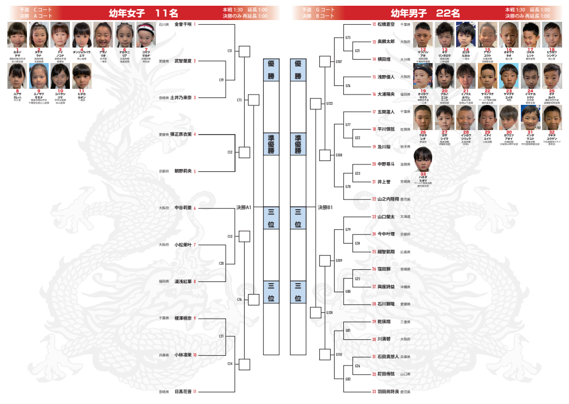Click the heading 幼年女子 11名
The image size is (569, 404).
pyautogui.click(x=143, y=13)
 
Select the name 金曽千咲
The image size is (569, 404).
pyautogui.click(x=183, y=24)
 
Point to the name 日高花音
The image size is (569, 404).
pyautogui.click(x=183, y=391)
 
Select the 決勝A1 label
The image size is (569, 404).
pyautogui.click(x=244, y=207)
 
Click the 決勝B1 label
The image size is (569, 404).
pyautogui.click(x=325, y=207)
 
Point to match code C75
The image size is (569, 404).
pyautogui.click(x=240, y=100)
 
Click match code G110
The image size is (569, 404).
pyautogui.click(x=339, y=355)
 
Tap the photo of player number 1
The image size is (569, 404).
pyautogui.click(x=17, y=35)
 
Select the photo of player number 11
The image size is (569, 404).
pyautogui.click(x=82, y=76)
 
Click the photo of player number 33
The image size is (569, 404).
pyautogui.click(x=423, y=159)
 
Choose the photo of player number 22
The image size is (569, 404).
pyautogui.click(x=488, y=76)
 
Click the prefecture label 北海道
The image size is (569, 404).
pyautogui.click(x=405, y=217)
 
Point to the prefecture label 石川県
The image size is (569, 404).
pyautogui.click(x=164, y=25)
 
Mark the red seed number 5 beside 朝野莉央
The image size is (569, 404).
pyautogui.click(x=195, y=171)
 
